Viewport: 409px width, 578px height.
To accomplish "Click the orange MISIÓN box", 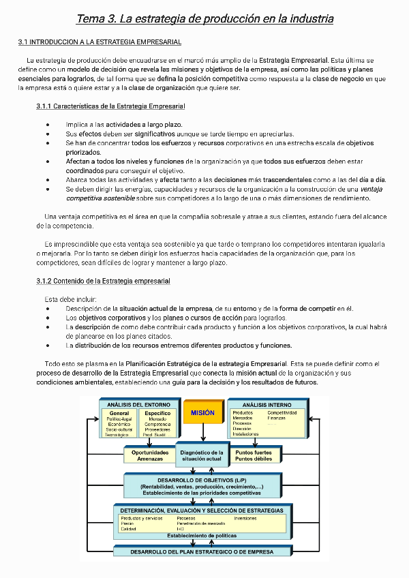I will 203,413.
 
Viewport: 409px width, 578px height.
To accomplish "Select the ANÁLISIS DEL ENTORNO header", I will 138,404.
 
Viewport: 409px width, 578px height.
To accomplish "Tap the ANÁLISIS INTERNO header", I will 267,404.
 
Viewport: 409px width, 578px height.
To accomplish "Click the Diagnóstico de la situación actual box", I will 202,456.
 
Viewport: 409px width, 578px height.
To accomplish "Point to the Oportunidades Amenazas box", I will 150,455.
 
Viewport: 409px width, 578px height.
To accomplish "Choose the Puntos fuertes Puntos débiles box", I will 253,455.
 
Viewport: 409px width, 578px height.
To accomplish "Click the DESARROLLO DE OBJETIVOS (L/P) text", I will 202,481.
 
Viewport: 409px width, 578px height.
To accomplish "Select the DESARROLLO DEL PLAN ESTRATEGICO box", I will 202,551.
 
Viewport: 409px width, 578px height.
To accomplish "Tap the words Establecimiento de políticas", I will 202,535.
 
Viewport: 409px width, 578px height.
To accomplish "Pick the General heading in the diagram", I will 119,413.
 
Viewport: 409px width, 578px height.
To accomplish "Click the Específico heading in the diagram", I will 157,413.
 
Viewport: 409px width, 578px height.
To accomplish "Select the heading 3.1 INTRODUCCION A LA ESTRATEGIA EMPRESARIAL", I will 100,42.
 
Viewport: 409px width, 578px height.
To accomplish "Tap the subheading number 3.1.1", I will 44,106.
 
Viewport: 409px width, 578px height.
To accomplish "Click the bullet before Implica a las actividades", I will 47,125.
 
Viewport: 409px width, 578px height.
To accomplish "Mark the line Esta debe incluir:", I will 71,299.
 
